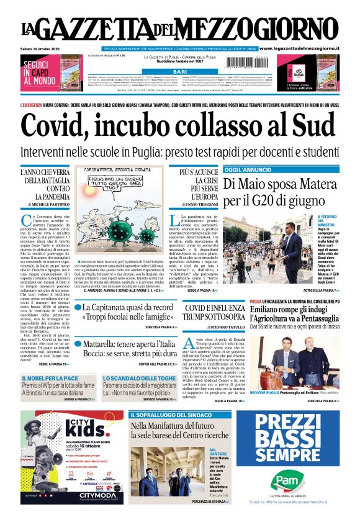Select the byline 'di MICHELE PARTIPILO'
tap(43, 204)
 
